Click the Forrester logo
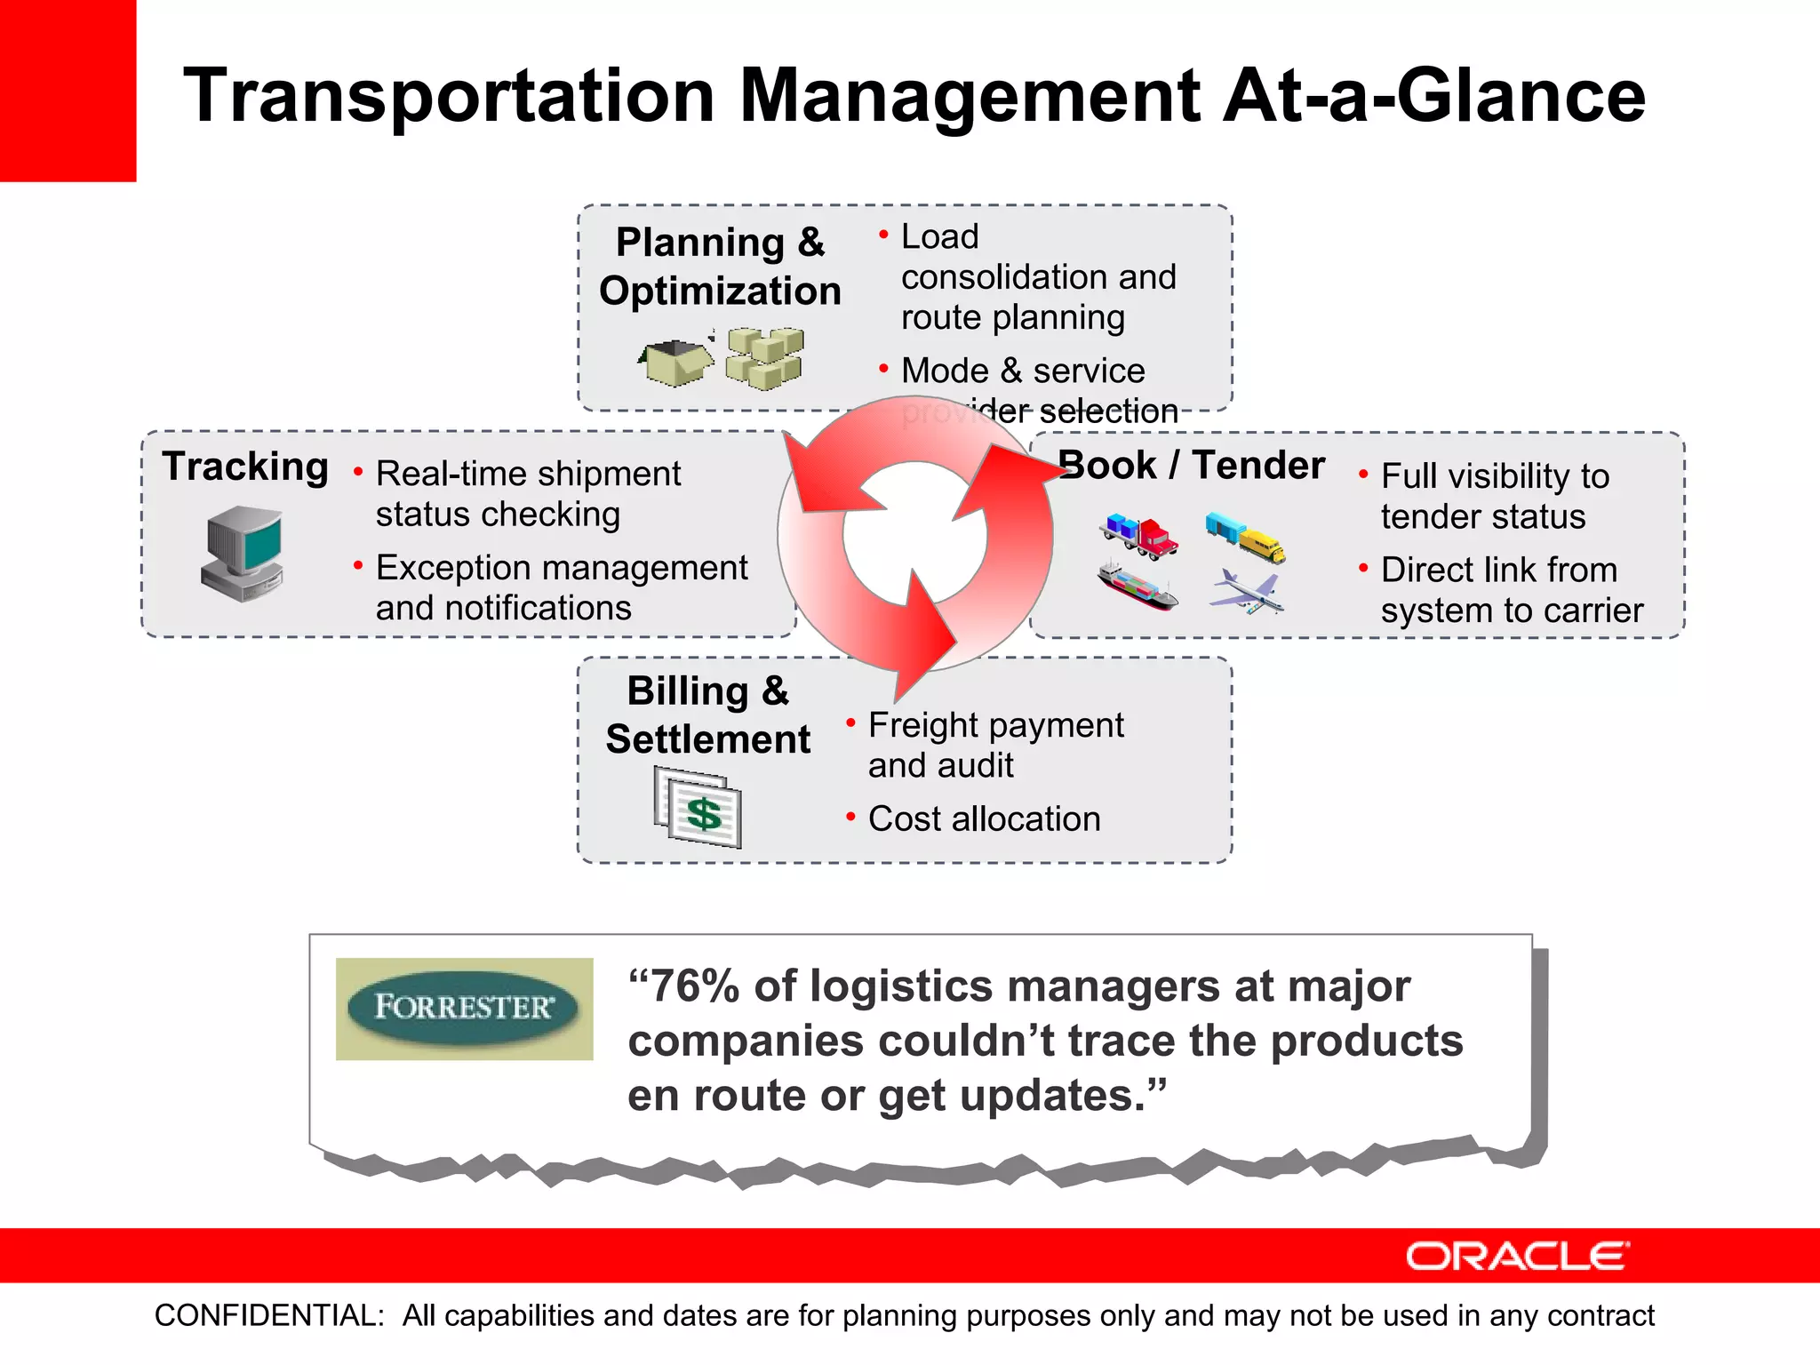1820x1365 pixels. tap(464, 1008)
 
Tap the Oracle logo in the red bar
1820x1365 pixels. tap(1517, 1256)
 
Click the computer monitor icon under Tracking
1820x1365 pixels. tap(243, 554)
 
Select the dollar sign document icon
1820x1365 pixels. tap(698, 807)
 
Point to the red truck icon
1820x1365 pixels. tap(1140, 536)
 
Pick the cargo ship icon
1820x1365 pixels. tap(1137, 586)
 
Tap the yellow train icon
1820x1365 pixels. tap(1246, 536)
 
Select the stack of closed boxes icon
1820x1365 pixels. tap(765, 358)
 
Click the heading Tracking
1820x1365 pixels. tap(245, 467)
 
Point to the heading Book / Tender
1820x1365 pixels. tap(1193, 465)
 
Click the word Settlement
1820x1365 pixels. tap(708, 739)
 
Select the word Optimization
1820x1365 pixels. tap(720, 291)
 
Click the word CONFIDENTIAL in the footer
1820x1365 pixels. tap(268, 1315)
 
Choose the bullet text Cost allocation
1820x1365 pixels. tap(984, 818)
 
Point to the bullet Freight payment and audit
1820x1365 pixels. tap(994, 745)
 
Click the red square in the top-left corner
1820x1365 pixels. tap(68, 90)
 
